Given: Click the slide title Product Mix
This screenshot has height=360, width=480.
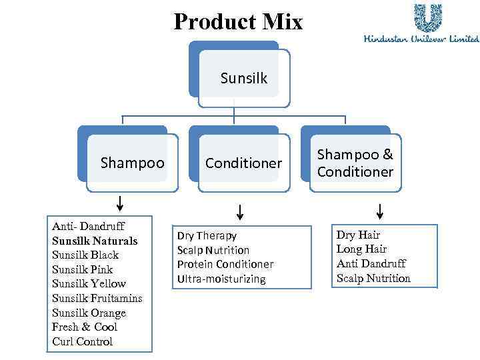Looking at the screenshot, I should pos(238,21).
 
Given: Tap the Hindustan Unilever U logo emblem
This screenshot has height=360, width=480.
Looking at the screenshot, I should pos(427,18).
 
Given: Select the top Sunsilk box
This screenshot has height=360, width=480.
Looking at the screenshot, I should pos(243,78).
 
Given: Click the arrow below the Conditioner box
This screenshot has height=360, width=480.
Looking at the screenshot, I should pos(240,213).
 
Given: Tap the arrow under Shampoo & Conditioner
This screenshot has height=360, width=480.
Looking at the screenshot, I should pos(379,211).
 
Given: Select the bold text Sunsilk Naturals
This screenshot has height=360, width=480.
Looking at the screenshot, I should pos(95,241).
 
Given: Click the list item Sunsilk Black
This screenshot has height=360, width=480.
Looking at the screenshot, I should pos(85,255).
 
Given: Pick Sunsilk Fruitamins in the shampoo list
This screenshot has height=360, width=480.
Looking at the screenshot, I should pos(97,298).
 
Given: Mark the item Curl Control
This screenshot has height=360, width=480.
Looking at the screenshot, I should pos(83,341).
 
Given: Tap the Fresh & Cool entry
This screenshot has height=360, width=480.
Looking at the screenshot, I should pos(85,327).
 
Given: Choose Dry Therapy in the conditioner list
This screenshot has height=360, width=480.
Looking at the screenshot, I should pos(207,235).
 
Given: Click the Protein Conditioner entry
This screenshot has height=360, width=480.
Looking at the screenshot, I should pos(225,265).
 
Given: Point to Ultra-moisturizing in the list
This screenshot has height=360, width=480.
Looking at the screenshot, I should pos(221,279).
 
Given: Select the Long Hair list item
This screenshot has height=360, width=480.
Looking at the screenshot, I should pos(361,249).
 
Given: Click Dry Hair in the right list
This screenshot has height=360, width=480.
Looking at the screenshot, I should pos(358,235).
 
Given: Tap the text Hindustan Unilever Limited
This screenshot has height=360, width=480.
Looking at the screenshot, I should pos(421,39).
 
